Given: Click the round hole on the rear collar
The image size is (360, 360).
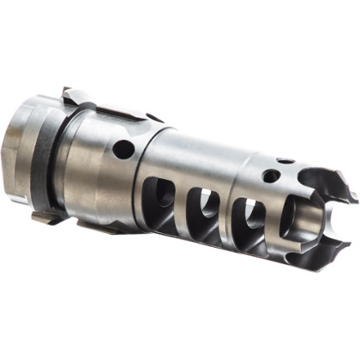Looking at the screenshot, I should click(123, 149).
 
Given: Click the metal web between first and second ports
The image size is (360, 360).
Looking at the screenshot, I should click(183, 204).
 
